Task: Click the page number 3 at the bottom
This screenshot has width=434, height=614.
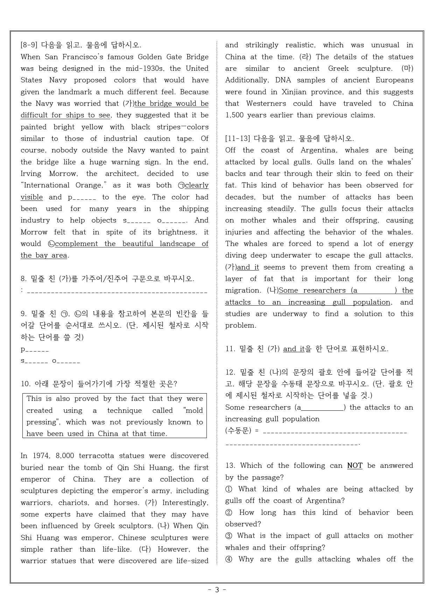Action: pyautogui.click(x=217, y=590)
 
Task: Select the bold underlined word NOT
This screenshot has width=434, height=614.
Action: pyautogui.click(x=355, y=466)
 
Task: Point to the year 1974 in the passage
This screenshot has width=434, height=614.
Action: pyautogui.click(x=41, y=456)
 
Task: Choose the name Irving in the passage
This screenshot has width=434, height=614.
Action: pyautogui.click(x=31, y=174)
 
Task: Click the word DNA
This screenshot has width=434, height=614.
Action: pyautogui.click(x=283, y=80)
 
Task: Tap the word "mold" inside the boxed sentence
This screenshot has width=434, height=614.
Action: pyautogui.click(x=193, y=411)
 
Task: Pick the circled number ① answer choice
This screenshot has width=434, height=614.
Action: pyautogui.click(x=229, y=489)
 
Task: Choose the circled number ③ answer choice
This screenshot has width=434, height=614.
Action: pyautogui.click(x=229, y=536)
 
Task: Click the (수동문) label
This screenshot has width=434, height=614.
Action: pyautogui.click(x=238, y=431)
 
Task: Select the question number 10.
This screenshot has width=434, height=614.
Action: pyautogui.click(x=26, y=384)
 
